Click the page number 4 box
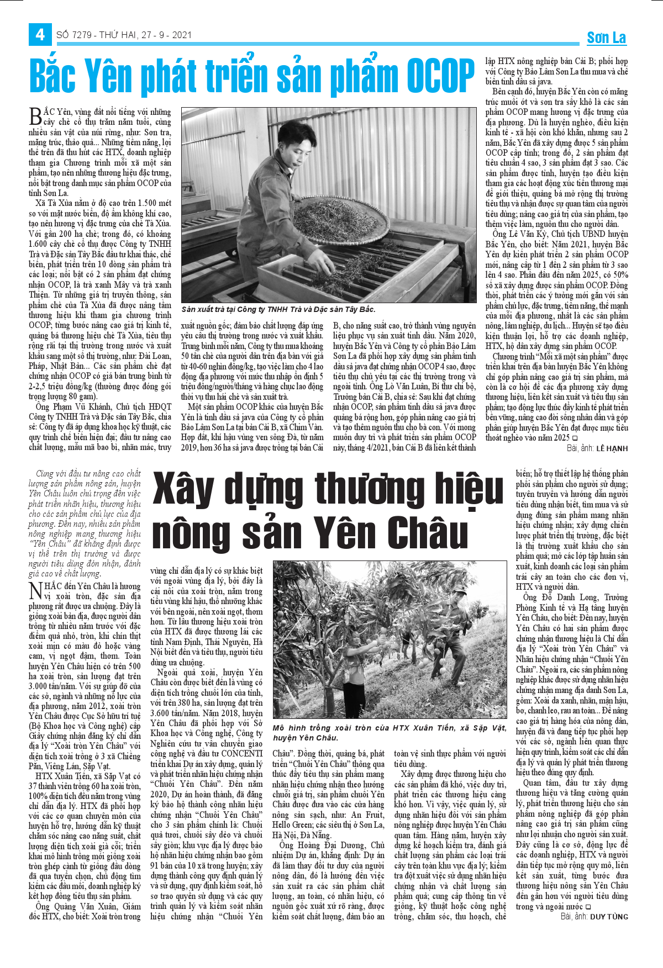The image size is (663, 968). pyautogui.click(x=40, y=35)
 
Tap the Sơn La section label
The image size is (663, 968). pyautogui.click(x=606, y=38)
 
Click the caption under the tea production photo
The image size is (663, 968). pyautogui.click(x=278, y=309)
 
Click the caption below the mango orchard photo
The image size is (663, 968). pyautogui.click(x=389, y=732)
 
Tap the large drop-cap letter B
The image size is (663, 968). pyautogui.click(x=35, y=117)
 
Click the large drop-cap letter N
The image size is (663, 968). pyautogui.click(x=35, y=590)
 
